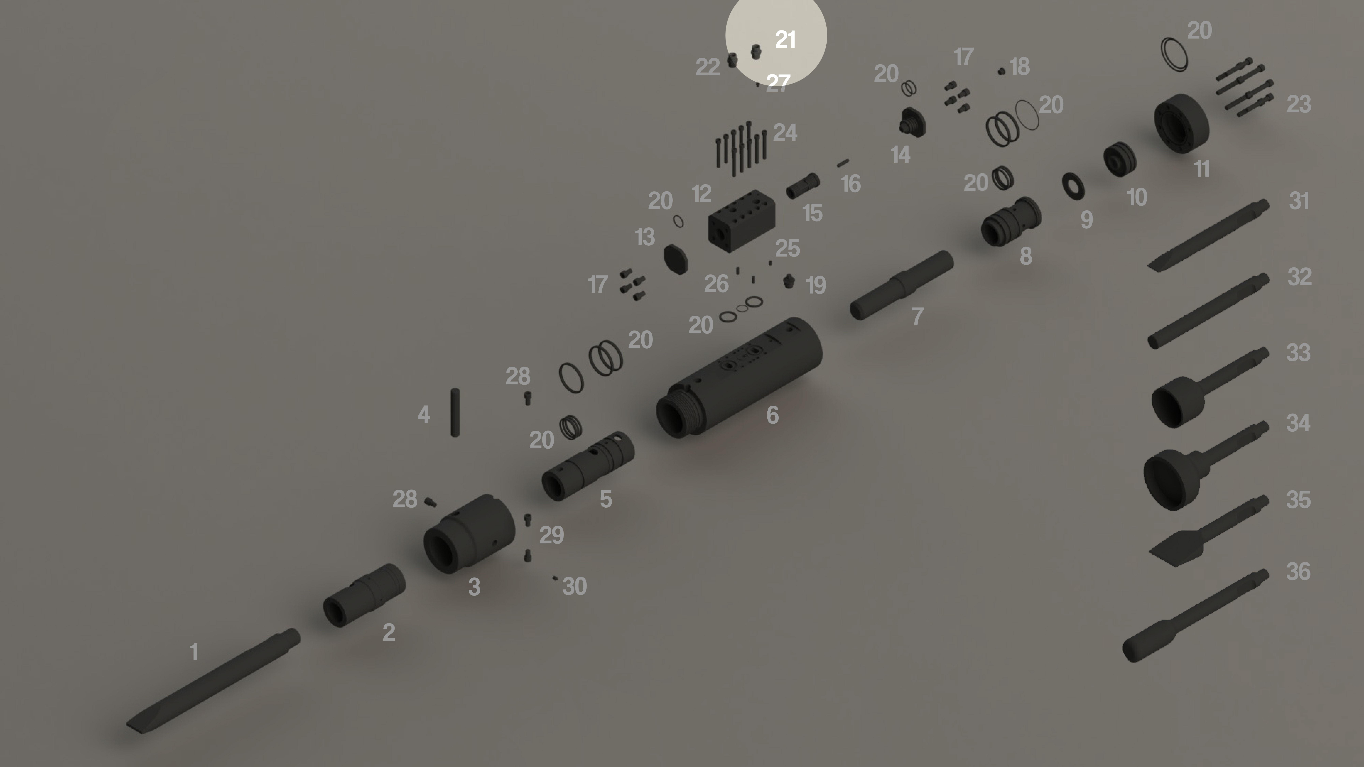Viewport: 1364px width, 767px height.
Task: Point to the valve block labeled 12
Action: (x=741, y=218)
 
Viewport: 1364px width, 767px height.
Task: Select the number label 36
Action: (x=1298, y=572)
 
